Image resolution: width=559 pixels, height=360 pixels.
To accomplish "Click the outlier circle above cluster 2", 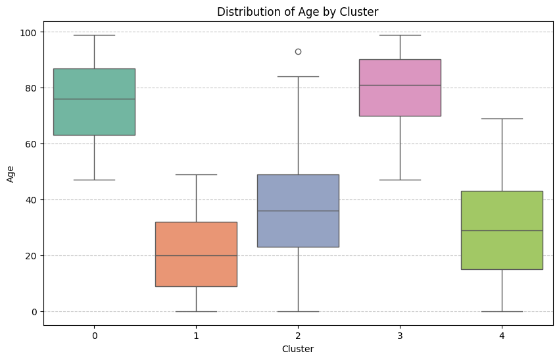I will (298, 51).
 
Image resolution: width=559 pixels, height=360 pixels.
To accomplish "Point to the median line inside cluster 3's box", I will (400, 85).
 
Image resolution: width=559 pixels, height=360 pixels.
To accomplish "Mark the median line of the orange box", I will (196, 255).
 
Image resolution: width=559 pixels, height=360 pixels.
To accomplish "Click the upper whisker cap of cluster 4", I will (502, 118).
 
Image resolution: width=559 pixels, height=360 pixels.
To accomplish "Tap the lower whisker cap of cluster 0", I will (94, 180).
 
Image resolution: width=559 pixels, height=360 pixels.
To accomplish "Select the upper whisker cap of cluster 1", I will (196, 174).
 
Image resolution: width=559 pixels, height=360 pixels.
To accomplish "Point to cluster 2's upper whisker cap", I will (298, 76).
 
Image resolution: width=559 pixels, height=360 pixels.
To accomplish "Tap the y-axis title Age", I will (10, 174).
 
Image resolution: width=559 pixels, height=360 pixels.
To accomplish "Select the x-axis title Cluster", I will (297, 349).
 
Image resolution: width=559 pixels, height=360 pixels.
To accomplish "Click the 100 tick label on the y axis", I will (30, 32).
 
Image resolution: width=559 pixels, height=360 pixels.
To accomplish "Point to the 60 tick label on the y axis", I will (32, 143).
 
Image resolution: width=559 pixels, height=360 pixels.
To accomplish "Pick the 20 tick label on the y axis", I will (32, 255).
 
